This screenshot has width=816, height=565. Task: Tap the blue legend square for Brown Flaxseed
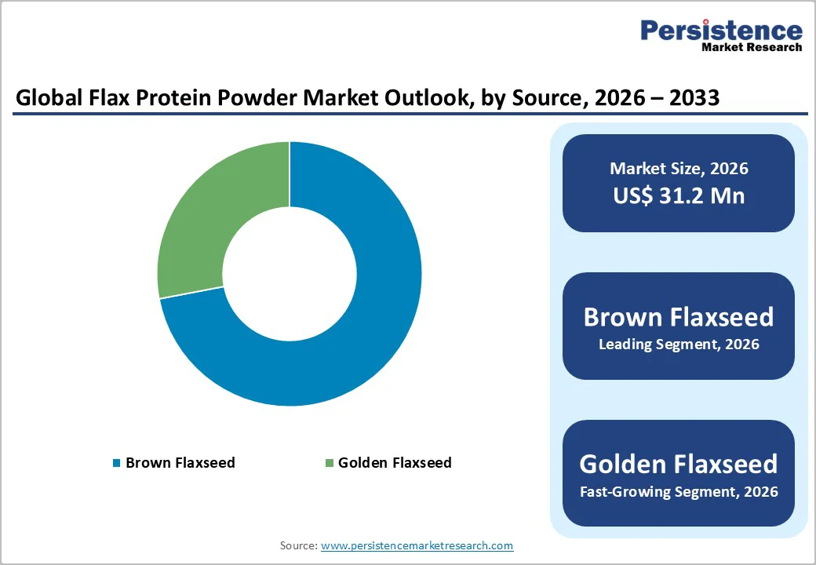tap(117, 463)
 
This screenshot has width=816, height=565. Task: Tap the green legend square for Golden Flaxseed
tap(330, 463)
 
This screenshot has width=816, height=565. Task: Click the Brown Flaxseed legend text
tap(180, 463)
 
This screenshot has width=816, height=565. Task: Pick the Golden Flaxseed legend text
tap(395, 463)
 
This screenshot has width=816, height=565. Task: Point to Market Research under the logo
tap(752, 47)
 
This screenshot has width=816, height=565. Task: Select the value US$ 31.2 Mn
tap(679, 195)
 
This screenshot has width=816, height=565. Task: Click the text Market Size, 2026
tap(679, 169)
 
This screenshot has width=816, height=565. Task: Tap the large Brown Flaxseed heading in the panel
tap(679, 317)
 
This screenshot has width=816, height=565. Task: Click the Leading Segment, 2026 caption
tap(679, 344)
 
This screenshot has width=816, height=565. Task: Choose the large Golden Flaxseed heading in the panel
tap(679, 464)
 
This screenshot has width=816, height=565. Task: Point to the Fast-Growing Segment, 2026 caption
tap(679, 492)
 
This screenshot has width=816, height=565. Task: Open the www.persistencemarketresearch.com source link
tap(417, 545)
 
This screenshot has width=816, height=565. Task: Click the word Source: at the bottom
tap(298, 545)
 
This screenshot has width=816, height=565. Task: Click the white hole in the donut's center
tap(290, 274)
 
